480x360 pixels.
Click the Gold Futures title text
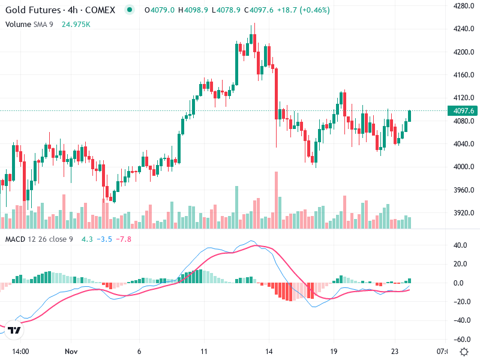(32, 10)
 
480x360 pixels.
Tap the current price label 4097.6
(464, 110)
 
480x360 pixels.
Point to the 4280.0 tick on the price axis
(463, 6)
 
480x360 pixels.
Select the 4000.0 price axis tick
(463, 167)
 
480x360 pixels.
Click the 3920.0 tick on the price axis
(463, 213)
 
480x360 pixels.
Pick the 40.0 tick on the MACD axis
(460, 245)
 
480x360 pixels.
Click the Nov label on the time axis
(71, 351)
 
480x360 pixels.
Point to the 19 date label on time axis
(334, 351)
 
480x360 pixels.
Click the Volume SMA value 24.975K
(76, 24)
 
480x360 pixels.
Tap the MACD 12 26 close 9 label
(39, 239)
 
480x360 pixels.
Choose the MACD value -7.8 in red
(123, 239)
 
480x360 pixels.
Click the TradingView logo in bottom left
(14, 330)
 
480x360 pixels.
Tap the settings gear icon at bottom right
(463, 351)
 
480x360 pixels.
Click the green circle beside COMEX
(129, 10)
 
